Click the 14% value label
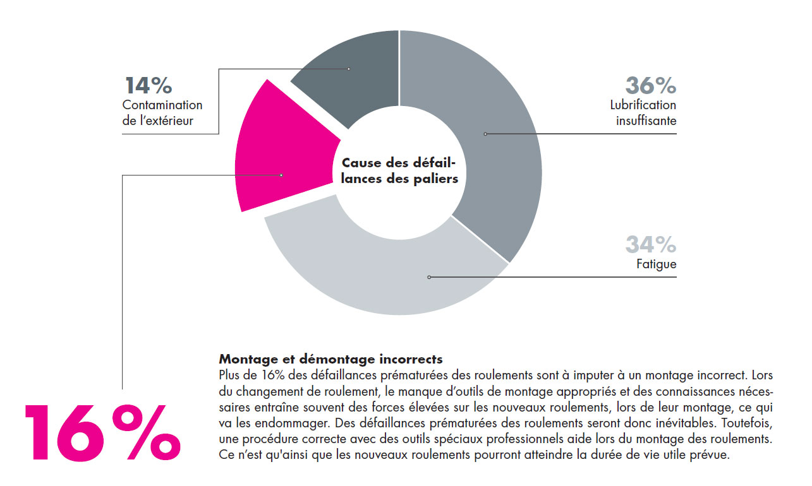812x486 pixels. coord(148,85)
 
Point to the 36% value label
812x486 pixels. coord(650,85)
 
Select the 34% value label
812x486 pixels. coord(650,244)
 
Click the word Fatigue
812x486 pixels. coord(656,264)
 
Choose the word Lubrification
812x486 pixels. coord(643,105)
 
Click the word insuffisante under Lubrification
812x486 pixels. coord(646,120)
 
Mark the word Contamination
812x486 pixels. coord(162,105)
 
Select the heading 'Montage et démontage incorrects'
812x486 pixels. coord(330,359)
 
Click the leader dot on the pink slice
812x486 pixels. coord(281,175)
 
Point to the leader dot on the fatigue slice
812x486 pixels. coord(429,277)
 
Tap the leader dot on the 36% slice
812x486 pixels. coord(485,134)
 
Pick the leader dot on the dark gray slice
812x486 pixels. coord(348,69)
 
